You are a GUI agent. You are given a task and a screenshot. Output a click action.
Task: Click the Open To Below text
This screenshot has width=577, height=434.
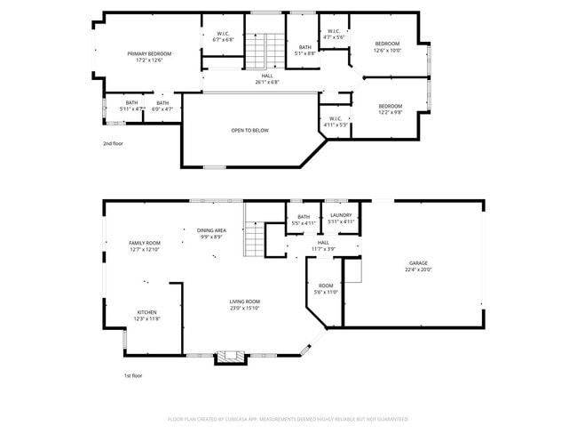(249, 131)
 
